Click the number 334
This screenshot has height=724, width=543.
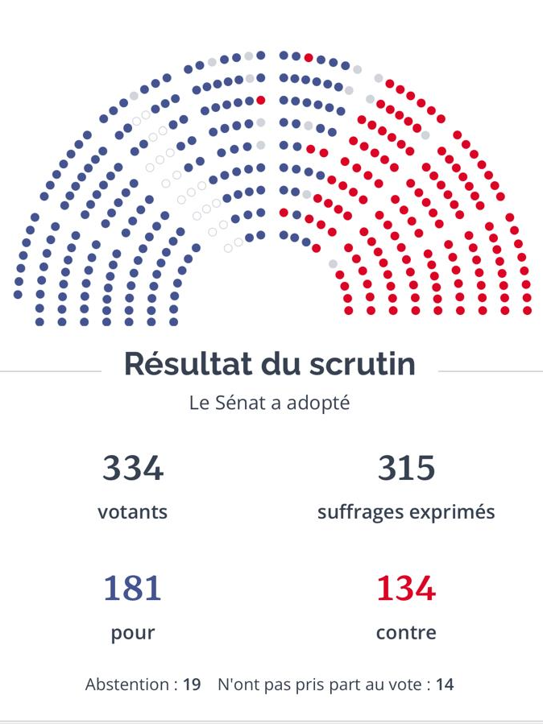[133, 468]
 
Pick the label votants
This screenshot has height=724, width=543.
[133, 512]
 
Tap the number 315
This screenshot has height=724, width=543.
[406, 468]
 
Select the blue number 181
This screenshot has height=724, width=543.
[133, 589]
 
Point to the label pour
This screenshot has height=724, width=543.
[133, 633]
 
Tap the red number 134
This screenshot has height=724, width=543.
[406, 589]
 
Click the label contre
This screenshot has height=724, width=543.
[406, 633]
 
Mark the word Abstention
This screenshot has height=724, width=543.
[127, 685]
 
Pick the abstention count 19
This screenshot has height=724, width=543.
[192, 685]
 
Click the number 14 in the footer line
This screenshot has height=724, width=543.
[445, 685]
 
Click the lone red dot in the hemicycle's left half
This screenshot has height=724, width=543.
[260, 100]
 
